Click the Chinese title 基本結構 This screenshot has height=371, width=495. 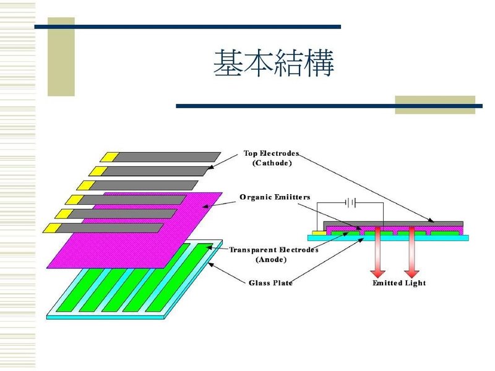coord(273,64)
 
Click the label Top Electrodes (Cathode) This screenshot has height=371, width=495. coord(272,158)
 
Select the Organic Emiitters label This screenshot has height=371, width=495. coord(275,197)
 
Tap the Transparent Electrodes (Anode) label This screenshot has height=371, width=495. coord(273,255)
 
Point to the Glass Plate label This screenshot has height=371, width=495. coord(270,283)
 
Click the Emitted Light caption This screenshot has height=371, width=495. coord(399,283)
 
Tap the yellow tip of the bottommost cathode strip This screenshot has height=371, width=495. coord(52,228)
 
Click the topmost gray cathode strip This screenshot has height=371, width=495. coord(167,156)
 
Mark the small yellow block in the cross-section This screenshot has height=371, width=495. coord(316,232)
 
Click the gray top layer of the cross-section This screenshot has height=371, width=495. coord(396,223)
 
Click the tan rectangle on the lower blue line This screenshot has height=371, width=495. coord(434,105)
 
